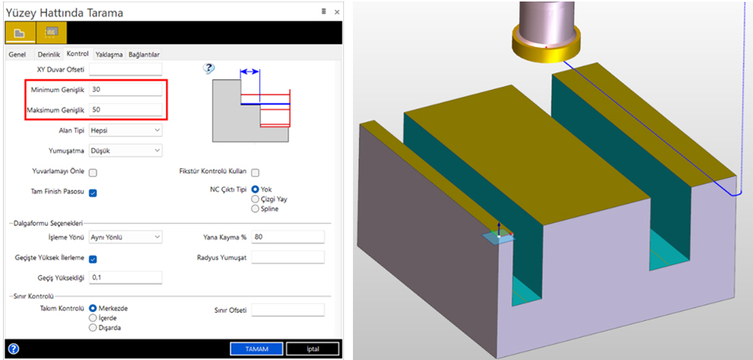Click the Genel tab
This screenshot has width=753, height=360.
click(17, 54)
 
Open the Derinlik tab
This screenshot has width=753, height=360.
click(49, 54)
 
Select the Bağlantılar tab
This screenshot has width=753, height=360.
click(144, 54)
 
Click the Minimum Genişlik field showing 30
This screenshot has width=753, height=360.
click(125, 89)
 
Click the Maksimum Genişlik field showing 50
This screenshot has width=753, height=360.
click(125, 110)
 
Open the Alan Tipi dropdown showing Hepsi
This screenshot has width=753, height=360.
click(125, 130)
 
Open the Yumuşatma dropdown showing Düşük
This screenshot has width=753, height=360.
click(125, 151)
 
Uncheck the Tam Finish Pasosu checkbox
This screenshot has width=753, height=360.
click(93, 193)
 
